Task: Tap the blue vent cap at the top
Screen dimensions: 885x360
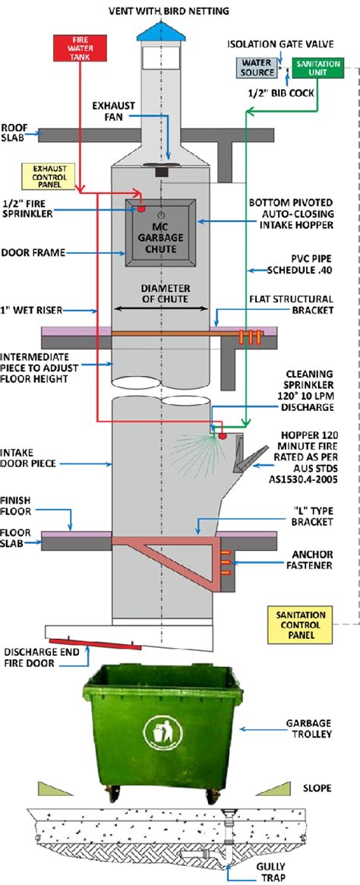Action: point(161,30)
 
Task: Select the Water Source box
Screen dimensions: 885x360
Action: point(256,68)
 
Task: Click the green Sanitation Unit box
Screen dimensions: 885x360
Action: point(317,68)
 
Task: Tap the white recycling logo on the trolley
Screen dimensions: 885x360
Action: point(160,732)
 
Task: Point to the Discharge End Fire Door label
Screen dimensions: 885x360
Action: point(44,657)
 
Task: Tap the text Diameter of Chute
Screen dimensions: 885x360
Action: point(160,293)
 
